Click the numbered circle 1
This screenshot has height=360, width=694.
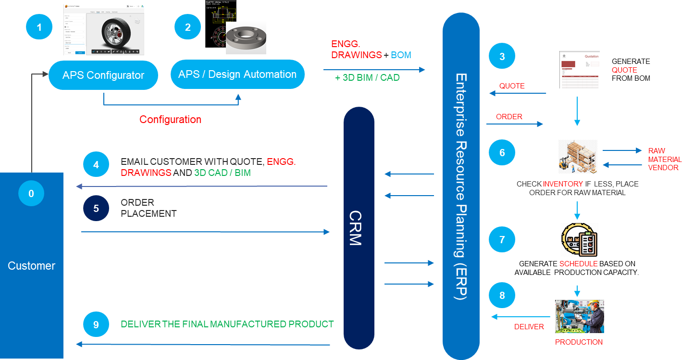click(39, 28)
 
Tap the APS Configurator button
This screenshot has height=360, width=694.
click(103, 75)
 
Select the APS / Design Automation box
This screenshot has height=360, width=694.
click(237, 74)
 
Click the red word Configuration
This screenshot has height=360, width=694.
click(170, 119)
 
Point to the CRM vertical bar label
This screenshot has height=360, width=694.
click(356, 228)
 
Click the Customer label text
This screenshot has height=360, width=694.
click(31, 266)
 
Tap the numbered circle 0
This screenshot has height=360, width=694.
click(31, 194)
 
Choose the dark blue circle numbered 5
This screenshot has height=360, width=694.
click(96, 208)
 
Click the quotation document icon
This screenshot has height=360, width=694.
click(580, 70)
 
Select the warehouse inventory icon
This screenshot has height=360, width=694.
click(578, 157)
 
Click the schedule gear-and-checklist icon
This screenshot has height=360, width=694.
click(579, 240)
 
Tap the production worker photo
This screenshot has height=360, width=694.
click(579, 317)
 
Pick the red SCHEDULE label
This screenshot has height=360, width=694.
click(578, 264)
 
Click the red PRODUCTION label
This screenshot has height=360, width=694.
click(579, 342)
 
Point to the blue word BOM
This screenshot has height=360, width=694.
click(401, 55)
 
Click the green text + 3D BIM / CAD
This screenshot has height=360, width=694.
click(367, 77)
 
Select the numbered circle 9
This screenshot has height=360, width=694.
click(96, 324)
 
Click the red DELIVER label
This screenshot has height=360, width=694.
click(529, 327)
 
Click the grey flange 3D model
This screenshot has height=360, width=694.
click(246, 38)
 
